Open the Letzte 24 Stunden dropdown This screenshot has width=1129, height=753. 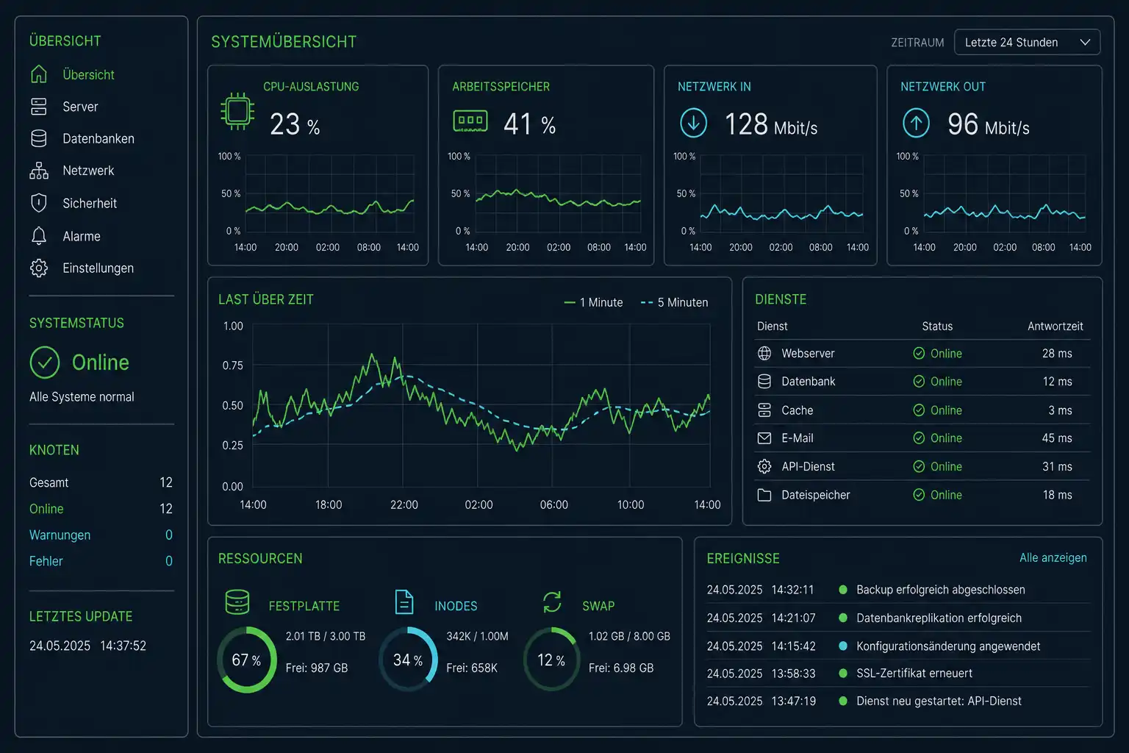click(1027, 43)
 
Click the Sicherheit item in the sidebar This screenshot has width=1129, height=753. click(89, 203)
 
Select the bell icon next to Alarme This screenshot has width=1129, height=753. click(39, 235)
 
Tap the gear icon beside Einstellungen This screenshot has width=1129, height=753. click(39, 268)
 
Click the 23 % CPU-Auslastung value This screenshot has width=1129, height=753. click(295, 124)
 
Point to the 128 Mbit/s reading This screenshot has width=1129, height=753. click(770, 124)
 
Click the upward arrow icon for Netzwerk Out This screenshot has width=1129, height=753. click(916, 123)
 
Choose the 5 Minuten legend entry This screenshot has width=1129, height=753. click(674, 303)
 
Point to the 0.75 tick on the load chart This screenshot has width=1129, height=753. click(233, 365)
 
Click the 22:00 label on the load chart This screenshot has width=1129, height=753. click(404, 504)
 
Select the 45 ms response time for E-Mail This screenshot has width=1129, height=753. click(1057, 438)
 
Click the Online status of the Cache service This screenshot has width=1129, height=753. click(937, 410)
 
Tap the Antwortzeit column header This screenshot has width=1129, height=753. click(1055, 326)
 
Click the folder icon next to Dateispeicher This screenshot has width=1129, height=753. click(764, 495)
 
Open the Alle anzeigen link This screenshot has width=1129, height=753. click(1053, 558)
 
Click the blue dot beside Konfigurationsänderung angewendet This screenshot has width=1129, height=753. click(843, 646)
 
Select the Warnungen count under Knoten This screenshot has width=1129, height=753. click(169, 535)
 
